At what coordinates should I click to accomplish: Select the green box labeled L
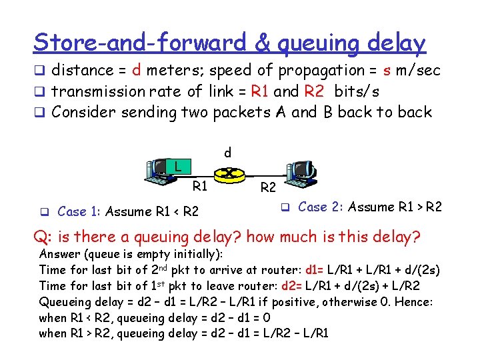point(177,165)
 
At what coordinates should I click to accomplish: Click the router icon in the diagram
point(228,174)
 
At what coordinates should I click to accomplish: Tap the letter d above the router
point(228,153)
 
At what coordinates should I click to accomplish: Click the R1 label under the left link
point(201,186)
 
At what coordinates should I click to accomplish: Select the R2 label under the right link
point(269,189)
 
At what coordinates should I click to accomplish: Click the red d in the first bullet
point(135,70)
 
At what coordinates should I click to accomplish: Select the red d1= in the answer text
point(316,270)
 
